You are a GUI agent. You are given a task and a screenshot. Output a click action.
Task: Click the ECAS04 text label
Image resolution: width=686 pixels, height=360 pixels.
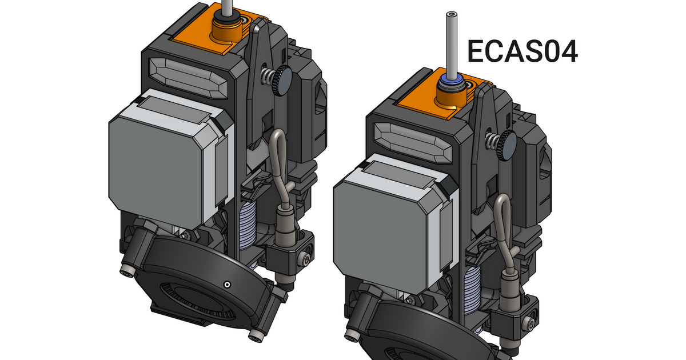coord(523,51)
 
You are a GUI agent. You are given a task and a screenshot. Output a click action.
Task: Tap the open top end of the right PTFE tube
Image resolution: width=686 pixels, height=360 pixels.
coord(452,14)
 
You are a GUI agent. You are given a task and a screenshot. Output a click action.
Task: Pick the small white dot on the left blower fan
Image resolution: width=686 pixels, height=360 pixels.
coord(227,285)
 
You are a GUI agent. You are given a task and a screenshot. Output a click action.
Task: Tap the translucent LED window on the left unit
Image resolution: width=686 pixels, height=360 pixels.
coord(188,78)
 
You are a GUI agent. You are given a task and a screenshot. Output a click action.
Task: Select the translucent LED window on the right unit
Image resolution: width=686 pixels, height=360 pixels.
coord(413,143)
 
